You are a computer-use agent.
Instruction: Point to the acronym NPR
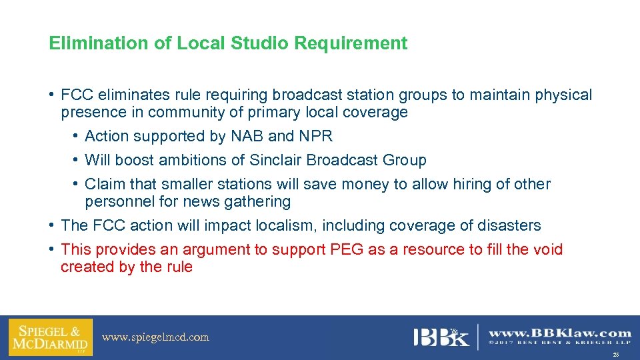pos(315,136)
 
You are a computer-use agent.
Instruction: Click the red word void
pos(547,249)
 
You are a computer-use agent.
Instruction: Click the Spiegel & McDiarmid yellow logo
pos(50,337)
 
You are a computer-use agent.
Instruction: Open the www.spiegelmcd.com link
pos(155,337)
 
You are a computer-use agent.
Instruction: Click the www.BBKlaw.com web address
pos(560,333)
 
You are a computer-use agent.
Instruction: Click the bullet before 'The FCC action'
pos(51,225)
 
